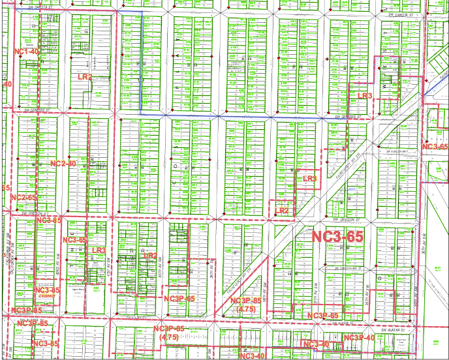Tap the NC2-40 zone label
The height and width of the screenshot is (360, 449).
coord(63,163)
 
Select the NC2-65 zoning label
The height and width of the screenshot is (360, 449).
coord(23,197)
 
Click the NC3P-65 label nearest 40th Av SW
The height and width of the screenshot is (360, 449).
coord(179,299)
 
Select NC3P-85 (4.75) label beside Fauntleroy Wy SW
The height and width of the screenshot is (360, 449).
coord(247,304)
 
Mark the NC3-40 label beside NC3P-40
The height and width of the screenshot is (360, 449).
coord(315,344)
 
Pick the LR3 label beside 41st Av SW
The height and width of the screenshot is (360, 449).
coord(99,250)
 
